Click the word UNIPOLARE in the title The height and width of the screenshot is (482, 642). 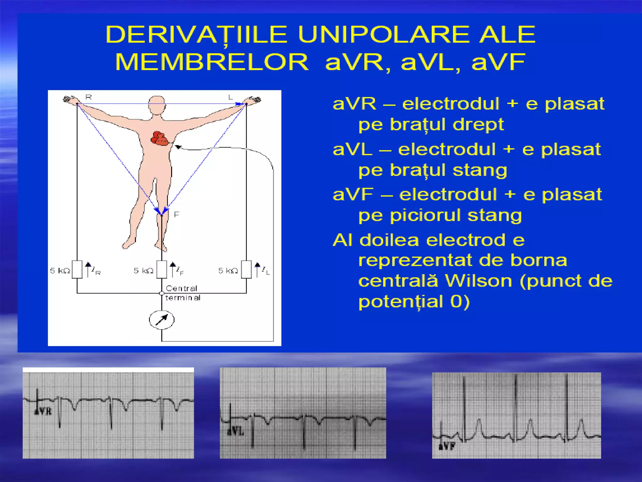click(383, 35)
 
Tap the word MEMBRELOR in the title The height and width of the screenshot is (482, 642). click(212, 62)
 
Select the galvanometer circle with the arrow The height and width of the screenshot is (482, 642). click(161, 320)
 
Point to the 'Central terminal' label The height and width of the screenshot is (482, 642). click(182, 293)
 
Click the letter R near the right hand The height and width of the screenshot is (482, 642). click(89, 97)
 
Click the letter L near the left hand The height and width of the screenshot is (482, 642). click(231, 97)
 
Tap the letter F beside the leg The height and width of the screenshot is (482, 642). click(176, 215)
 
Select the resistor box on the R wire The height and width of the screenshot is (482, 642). click(77, 270)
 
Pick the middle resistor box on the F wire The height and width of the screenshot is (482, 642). click(161, 270)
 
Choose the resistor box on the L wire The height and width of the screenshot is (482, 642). click(246, 270)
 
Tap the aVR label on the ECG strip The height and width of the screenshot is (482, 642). click(43, 411)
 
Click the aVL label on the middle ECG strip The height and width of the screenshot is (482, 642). click(235, 431)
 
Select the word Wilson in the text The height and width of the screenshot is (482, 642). click(478, 281)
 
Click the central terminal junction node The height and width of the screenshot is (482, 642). click(161, 293)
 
